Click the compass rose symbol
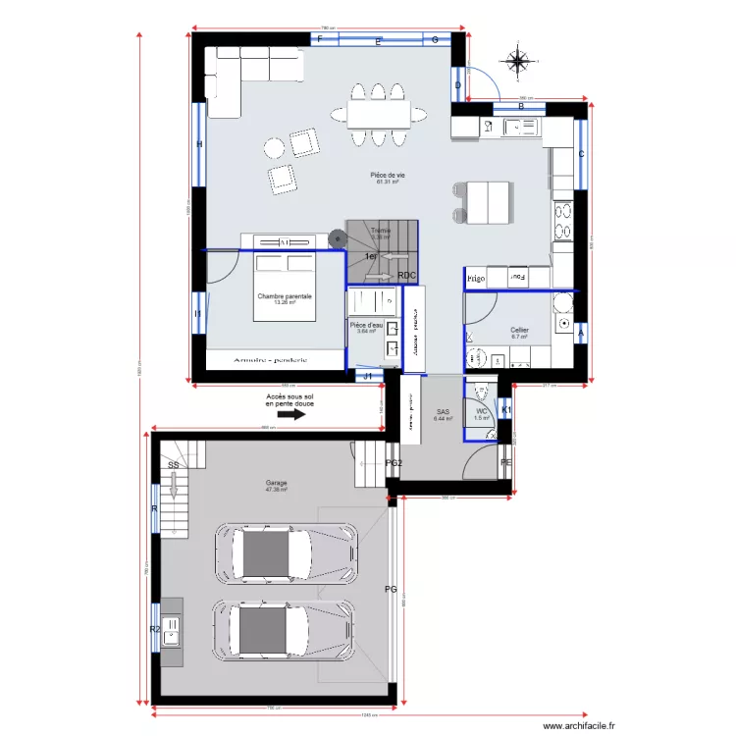[x=516, y=61]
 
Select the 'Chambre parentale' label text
[x=285, y=297]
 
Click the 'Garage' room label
[x=276, y=484]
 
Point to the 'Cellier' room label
[x=519, y=332]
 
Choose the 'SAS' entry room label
[x=442, y=413]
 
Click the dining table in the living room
[x=379, y=115]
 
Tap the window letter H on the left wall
[x=199, y=145]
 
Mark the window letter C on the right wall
[x=581, y=155]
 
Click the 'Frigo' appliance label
[x=477, y=279]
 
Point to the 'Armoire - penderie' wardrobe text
[x=270, y=360]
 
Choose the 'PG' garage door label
[x=390, y=590]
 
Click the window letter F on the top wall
[x=319, y=39]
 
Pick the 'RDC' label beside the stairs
[x=407, y=276]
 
